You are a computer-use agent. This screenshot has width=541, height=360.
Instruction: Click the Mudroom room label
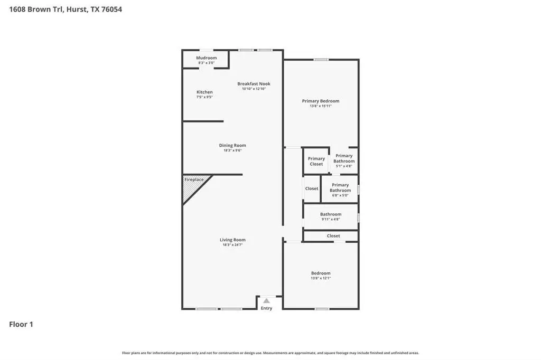(207, 58)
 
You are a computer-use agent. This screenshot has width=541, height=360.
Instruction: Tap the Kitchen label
(204, 92)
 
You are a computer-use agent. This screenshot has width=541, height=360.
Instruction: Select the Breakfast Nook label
(254, 84)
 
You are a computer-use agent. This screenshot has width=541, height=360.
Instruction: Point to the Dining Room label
(232, 146)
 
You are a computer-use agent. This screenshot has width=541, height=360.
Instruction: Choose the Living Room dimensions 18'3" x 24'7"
(232, 245)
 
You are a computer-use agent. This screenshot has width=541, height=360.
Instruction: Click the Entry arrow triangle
(266, 301)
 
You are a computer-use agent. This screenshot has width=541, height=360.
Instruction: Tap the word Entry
(266, 308)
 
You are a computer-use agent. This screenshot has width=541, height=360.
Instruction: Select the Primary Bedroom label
(321, 101)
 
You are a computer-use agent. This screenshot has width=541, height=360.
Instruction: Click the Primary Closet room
(316, 161)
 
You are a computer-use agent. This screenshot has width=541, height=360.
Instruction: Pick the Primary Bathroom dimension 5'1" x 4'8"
(344, 166)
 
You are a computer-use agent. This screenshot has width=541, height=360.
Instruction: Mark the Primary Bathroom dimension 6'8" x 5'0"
(340, 195)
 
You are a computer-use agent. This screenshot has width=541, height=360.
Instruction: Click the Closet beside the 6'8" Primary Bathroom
(312, 188)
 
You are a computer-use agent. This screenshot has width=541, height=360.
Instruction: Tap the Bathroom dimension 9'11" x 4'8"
(331, 219)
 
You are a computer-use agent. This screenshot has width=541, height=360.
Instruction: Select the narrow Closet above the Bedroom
(331, 236)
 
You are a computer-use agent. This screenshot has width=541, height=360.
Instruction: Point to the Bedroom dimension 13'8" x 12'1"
(321, 278)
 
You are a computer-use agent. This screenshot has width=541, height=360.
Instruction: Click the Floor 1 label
(21, 325)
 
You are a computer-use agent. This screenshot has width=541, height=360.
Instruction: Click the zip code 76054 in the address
(111, 10)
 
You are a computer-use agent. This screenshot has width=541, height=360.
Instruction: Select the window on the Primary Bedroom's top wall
(321, 60)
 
